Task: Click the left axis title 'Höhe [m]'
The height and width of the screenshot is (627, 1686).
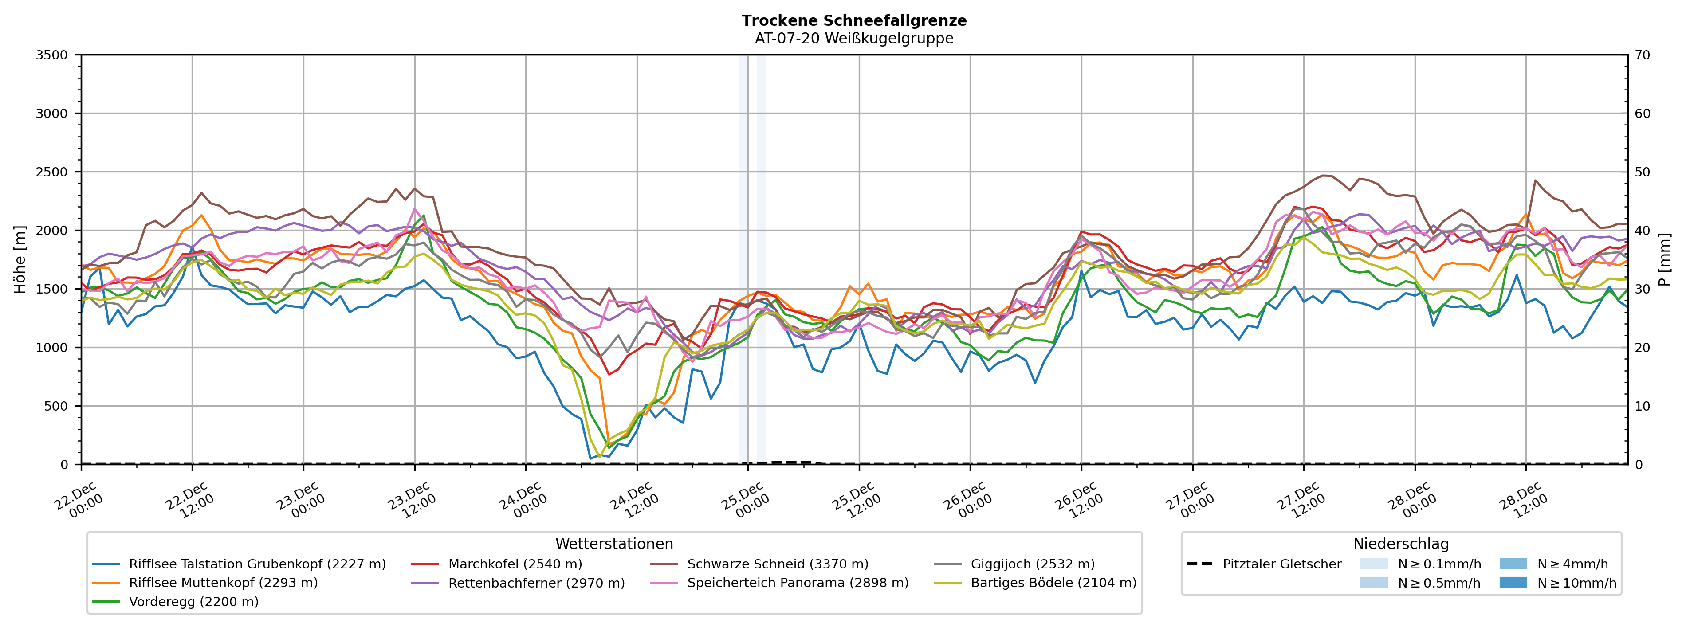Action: pyautogui.click(x=20, y=260)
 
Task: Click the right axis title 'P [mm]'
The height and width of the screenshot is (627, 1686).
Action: pyautogui.click(x=1666, y=260)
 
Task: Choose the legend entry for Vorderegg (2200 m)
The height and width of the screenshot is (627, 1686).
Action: pyautogui.click(x=193, y=601)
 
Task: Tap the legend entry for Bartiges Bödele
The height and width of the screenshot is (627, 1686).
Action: pyautogui.click(x=1053, y=583)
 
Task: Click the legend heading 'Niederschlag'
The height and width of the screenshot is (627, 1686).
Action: pyautogui.click(x=1401, y=544)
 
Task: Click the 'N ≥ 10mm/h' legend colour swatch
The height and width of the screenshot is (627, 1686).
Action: pyautogui.click(x=1513, y=583)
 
